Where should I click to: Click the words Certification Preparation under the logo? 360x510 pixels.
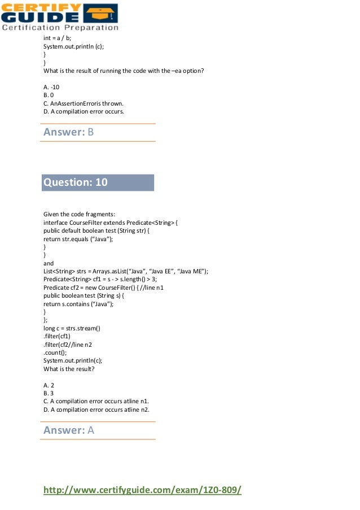(x=60, y=27)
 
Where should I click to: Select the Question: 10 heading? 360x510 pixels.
(x=76, y=182)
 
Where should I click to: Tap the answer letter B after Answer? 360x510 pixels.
(x=90, y=132)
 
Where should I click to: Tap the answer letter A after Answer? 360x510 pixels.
(x=90, y=430)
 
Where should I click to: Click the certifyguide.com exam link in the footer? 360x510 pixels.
(x=142, y=490)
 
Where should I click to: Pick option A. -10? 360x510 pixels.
(x=51, y=87)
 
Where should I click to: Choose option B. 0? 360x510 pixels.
(x=49, y=95)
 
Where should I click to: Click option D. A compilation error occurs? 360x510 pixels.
(x=83, y=112)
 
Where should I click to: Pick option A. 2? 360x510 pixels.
(x=49, y=385)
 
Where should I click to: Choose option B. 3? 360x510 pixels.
(x=49, y=394)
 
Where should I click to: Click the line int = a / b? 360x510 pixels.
(x=57, y=38)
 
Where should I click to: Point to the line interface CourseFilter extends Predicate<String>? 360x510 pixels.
(x=111, y=223)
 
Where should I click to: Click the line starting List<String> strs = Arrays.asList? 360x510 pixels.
(x=126, y=271)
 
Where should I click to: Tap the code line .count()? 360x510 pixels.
(x=55, y=352)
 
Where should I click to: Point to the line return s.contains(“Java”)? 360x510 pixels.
(x=78, y=304)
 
